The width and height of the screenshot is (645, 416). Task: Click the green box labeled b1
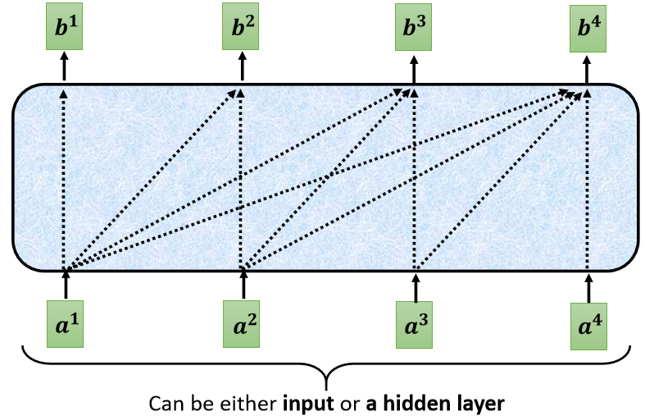(64, 26)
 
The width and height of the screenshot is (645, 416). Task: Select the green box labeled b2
(241, 26)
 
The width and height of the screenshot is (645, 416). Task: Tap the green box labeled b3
(413, 27)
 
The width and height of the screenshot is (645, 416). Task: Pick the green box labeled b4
(588, 29)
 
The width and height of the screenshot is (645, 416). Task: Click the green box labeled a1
(65, 324)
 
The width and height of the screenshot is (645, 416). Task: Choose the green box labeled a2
(242, 324)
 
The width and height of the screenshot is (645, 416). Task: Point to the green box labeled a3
(414, 325)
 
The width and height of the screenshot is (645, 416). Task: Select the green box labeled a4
(588, 327)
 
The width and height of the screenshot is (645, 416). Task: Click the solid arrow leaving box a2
(243, 284)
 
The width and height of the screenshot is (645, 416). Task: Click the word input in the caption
(307, 404)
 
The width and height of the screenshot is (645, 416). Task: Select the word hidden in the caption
(413, 403)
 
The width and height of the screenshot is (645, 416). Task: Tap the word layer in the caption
(477, 405)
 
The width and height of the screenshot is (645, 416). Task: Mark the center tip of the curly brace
(326, 389)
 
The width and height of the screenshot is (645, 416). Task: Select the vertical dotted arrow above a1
(63, 180)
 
